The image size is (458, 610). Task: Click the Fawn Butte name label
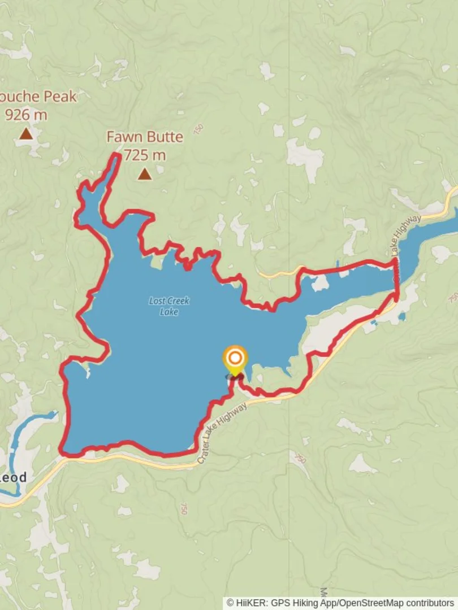point(145,137)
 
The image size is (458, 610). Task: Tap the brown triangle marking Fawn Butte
point(145,174)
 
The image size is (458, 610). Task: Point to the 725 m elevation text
point(145,155)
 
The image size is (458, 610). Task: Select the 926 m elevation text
point(26,115)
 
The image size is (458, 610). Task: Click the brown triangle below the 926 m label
point(25,134)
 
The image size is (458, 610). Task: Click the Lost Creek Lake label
point(169,306)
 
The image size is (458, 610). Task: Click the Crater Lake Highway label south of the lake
point(222,433)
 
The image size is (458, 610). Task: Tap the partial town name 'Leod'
point(13,477)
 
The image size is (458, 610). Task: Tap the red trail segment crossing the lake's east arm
point(396,280)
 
